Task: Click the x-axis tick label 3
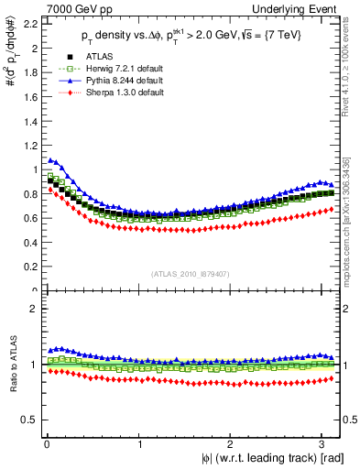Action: pos(325,446)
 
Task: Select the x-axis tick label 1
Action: pos(139,446)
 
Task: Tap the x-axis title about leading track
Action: pos(260,459)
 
